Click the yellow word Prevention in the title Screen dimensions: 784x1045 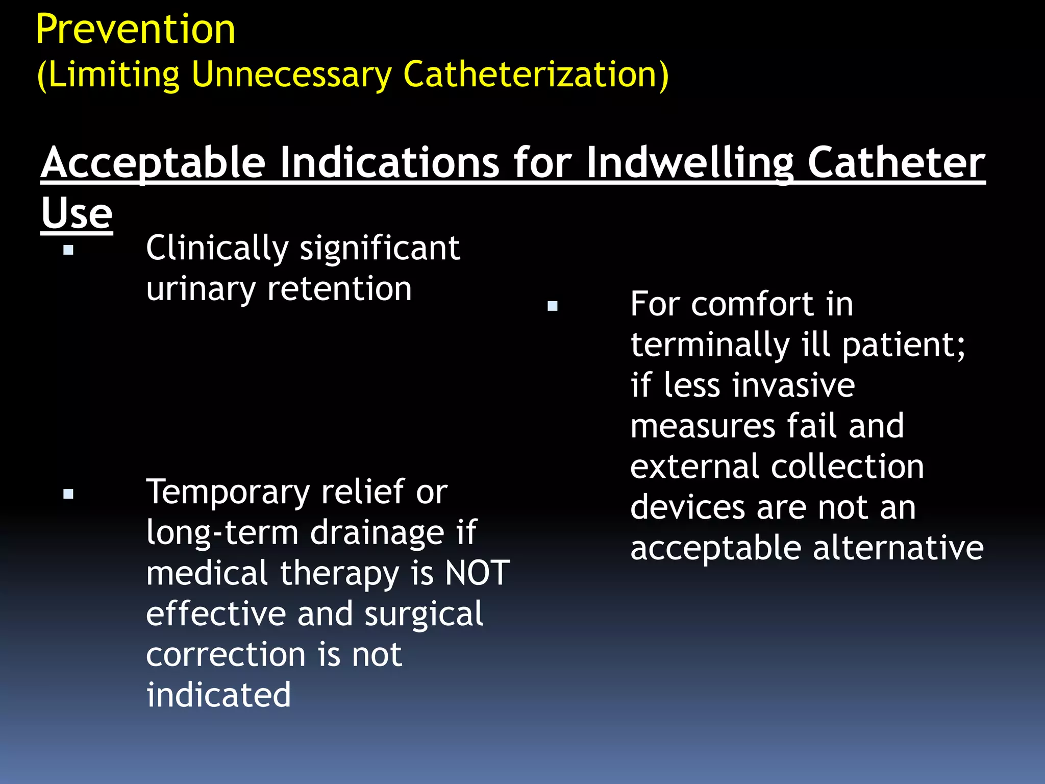[x=135, y=30]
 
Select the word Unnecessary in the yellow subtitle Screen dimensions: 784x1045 [x=291, y=75]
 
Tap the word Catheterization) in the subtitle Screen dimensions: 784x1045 [x=535, y=75]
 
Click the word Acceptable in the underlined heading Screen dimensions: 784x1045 [x=153, y=163]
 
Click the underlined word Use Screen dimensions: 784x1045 [x=77, y=213]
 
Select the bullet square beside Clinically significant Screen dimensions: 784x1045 [x=68, y=250]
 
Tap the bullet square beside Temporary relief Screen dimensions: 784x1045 [x=68, y=494]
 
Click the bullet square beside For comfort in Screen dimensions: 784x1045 [x=552, y=306]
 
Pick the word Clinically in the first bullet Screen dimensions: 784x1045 [x=217, y=249]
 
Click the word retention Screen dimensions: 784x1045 [x=339, y=289]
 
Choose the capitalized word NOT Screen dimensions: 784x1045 [x=477, y=573]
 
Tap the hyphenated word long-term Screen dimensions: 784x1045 [x=222, y=533]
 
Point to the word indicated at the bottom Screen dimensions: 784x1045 [x=218, y=695]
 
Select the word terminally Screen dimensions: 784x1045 [x=710, y=345]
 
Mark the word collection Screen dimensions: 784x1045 [x=847, y=467]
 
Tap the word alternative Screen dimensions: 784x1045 [x=898, y=548]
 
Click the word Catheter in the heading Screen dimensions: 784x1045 [x=896, y=163]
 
